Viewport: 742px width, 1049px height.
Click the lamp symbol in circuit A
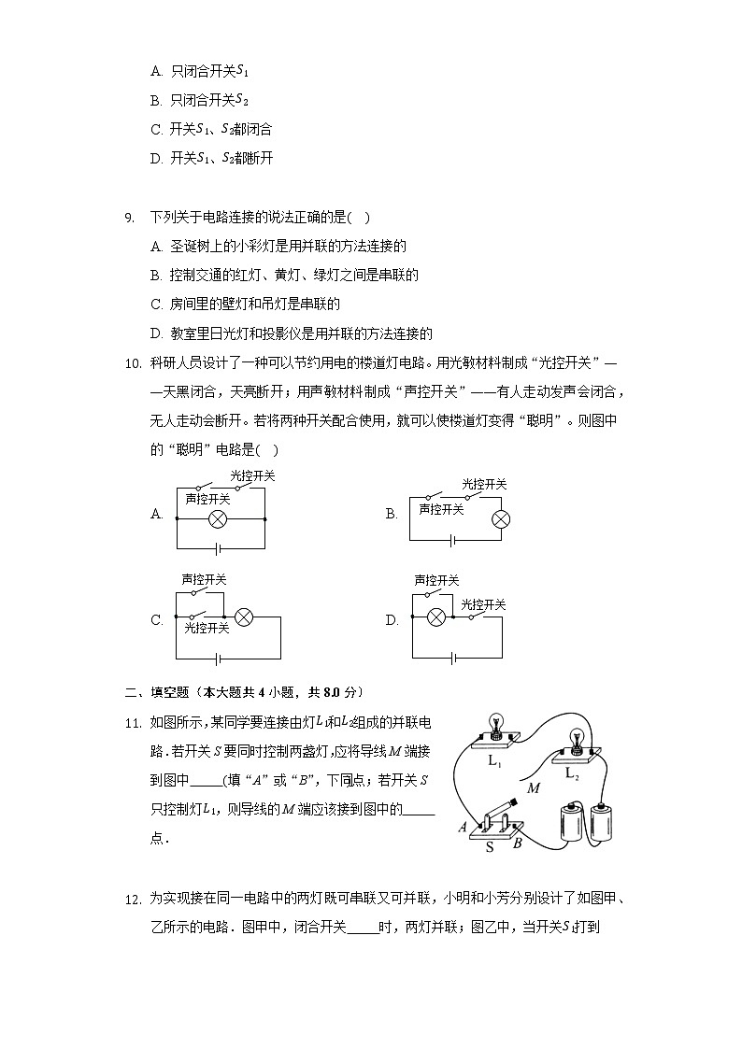click(x=220, y=519)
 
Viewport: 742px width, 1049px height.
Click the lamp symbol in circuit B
click(x=501, y=519)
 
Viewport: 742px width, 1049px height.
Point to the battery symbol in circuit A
click(x=220, y=546)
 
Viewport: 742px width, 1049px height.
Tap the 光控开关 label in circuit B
click(x=484, y=484)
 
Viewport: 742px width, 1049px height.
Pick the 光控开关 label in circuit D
click(x=483, y=605)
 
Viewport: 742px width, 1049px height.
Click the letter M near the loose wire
click(x=534, y=788)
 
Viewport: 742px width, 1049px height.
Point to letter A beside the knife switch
click(x=463, y=827)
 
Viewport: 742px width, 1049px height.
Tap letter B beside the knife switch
click(x=517, y=843)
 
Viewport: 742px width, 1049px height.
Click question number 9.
click(x=130, y=219)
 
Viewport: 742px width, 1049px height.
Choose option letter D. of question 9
click(x=156, y=333)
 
